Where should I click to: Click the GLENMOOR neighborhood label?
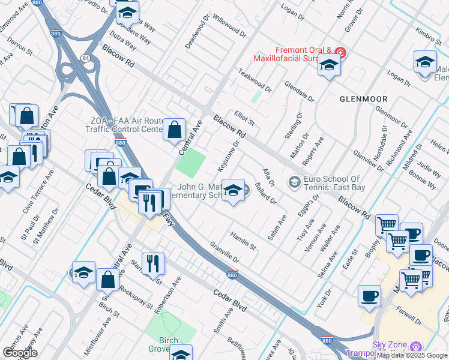pos(363,98)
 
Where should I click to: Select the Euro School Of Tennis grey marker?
pos(294,181)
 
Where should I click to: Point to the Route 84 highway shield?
pos(85,58)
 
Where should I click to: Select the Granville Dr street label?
pos(224,253)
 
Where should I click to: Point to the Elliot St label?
pos(244,113)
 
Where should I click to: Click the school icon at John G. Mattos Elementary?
pos(232,190)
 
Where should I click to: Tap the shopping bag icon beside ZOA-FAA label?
pos(174,129)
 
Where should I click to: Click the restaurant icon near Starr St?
pos(153,262)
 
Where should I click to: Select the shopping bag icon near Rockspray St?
pos(107,279)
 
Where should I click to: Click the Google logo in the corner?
pos(19,353)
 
